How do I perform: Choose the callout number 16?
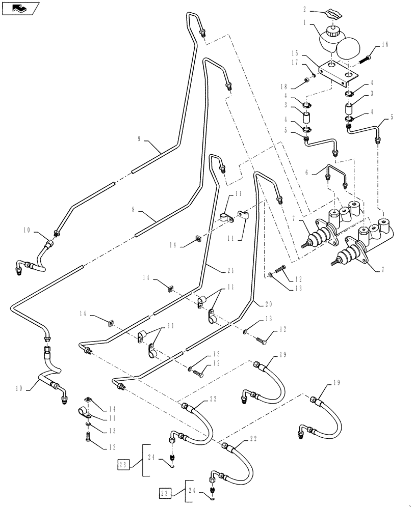coord(384,45)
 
